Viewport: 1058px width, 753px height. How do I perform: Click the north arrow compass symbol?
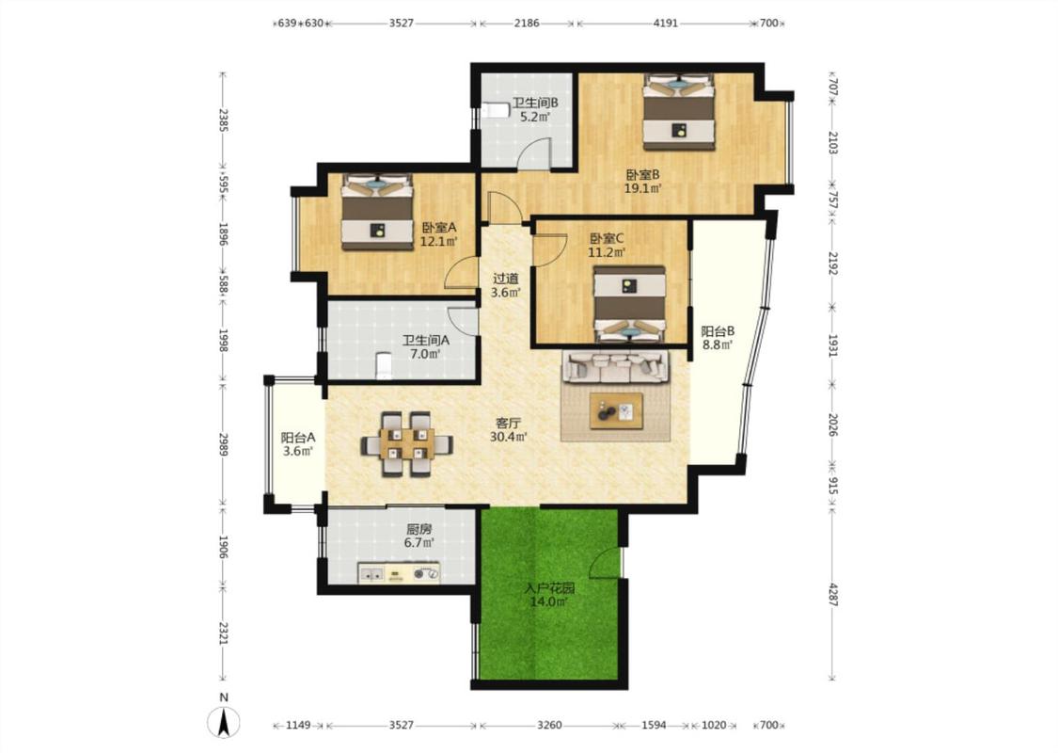(225, 722)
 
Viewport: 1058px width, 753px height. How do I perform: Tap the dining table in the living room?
(406, 444)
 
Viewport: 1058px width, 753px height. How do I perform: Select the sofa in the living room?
(616, 365)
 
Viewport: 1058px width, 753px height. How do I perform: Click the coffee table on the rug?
(616, 410)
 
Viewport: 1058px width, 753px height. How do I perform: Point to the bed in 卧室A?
(377, 212)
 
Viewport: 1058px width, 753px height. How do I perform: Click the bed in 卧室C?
(629, 304)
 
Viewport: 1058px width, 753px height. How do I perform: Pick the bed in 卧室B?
(679, 111)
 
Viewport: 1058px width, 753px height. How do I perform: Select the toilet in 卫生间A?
(384, 365)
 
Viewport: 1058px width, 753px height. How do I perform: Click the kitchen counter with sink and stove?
(399, 573)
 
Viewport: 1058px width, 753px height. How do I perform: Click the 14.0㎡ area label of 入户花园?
(548, 601)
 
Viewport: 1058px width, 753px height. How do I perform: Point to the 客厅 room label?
(508, 424)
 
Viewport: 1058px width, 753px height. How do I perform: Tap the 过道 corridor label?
(506, 279)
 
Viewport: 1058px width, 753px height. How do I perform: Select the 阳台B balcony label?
(718, 331)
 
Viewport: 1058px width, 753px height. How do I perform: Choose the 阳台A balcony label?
(297, 438)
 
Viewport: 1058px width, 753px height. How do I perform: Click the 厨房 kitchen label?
(419, 529)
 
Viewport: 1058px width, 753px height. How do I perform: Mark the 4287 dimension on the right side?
(832, 594)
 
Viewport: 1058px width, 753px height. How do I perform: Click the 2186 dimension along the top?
(527, 23)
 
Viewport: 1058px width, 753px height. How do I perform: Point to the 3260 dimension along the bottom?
(549, 726)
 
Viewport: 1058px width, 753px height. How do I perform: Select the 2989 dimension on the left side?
(223, 443)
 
